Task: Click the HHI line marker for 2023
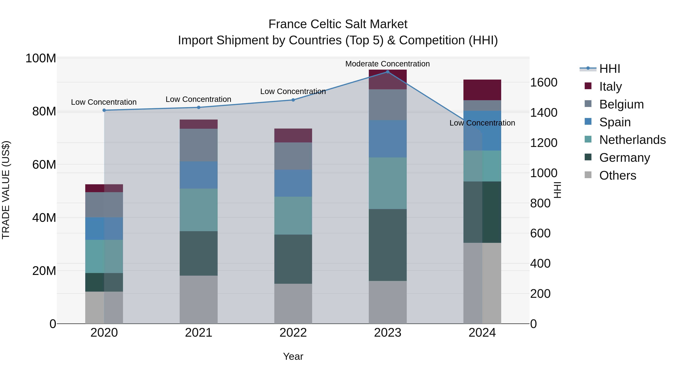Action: (x=388, y=72)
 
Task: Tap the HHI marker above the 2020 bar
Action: (x=104, y=110)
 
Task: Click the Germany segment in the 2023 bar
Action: (x=388, y=245)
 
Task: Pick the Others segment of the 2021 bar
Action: (x=199, y=299)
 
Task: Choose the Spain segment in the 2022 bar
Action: (x=293, y=183)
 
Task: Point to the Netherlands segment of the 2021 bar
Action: (x=199, y=210)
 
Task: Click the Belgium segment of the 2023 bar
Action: (x=388, y=105)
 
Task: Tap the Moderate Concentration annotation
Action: (x=387, y=64)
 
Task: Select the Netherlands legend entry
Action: (x=632, y=140)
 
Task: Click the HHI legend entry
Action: (x=610, y=69)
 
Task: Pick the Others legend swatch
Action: (x=588, y=175)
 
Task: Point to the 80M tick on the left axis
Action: (x=44, y=111)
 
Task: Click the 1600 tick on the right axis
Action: (x=544, y=82)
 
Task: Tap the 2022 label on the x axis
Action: (x=293, y=333)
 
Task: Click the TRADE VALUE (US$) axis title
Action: (x=6, y=190)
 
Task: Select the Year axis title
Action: (x=293, y=356)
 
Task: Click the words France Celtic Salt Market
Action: (x=338, y=24)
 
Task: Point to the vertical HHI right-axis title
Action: (x=557, y=190)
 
